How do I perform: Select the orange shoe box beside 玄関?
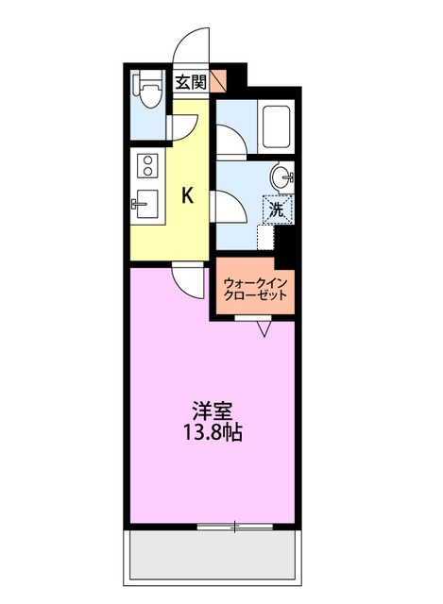tap(218, 81)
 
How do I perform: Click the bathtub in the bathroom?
tap(277, 125)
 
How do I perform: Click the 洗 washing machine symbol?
tap(277, 210)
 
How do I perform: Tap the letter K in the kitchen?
tap(188, 195)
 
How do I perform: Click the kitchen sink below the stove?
tap(146, 202)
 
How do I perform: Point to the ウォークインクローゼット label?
tap(254, 287)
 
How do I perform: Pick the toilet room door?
tap(182, 126)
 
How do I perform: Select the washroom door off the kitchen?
tap(228, 206)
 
